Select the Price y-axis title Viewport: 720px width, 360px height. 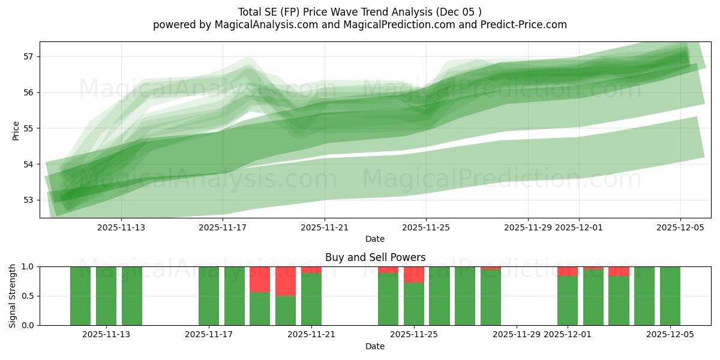[16, 130]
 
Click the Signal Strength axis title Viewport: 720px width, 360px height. [13, 296]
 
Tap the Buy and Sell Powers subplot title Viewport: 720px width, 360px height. [375, 257]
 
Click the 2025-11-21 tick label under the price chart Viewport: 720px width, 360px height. [325, 227]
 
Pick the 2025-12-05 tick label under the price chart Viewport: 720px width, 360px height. [680, 227]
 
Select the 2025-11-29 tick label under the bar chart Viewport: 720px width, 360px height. [517, 335]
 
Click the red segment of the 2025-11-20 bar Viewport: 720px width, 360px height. [286, 281]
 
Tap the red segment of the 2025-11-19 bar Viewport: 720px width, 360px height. [260, 279]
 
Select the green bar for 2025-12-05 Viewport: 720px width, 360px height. [670, 296]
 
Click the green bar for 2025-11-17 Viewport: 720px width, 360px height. [209, 296]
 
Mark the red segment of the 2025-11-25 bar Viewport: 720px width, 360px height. [414, 274]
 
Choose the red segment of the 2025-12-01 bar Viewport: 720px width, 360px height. [568, 271]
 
